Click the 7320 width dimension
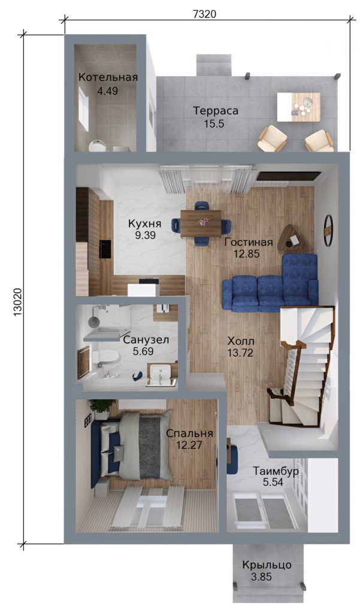click(x=205, y=14)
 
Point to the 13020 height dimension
click(x=19, y=304)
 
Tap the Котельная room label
click(x=108, y=77)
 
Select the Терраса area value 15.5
click(x=213, y=125)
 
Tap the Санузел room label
click(x=146, y=340)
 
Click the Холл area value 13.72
click(x=240, y=353)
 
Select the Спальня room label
click(x=189, y=433)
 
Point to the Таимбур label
click(x=276, y=472)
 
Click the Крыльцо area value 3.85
click(x=261, y=576)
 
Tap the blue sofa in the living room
click(x=270, y=284)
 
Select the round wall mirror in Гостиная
click(x=328, y=231)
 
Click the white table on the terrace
click(x=298, y=107)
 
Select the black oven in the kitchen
click(x=105, y=249)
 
